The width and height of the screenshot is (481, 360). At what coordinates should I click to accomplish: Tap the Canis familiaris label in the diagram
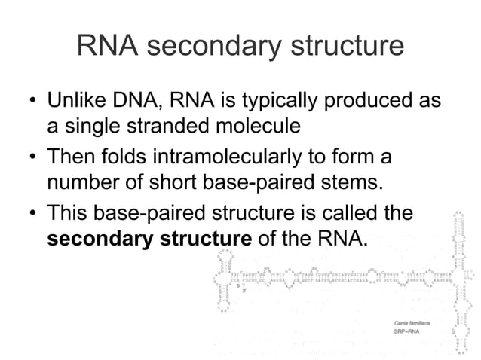point(412,322)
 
